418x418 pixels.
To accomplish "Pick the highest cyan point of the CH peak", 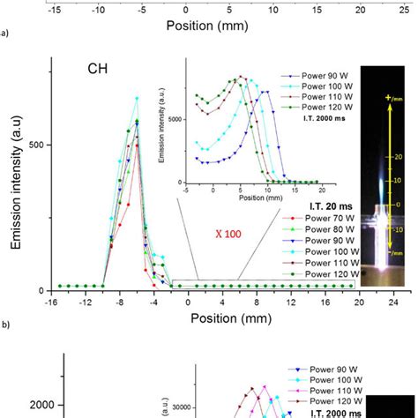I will (x=137, y=98).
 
